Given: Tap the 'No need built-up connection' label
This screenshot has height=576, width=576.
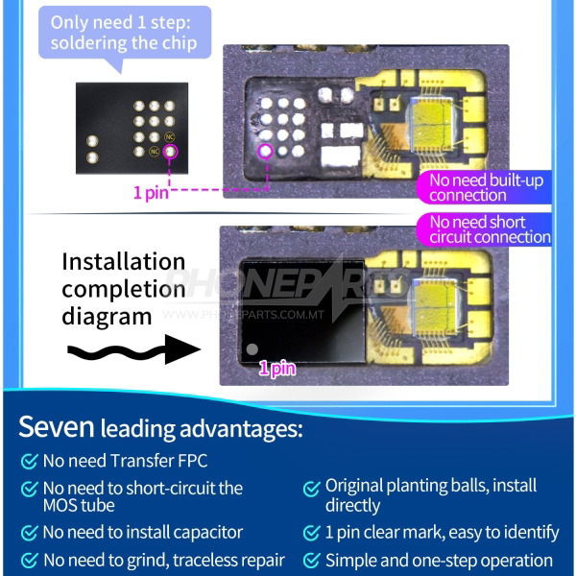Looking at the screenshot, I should (x=480, y=187).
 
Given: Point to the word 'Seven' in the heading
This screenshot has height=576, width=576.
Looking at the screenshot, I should (x=55, y=426).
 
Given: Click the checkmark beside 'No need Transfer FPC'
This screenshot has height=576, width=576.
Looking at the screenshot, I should (x=30, y=461).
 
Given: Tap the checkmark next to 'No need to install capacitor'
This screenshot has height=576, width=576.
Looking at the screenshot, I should (x=30, y=532).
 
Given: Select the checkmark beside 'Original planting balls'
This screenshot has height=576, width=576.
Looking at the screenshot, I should (x=312, y=488).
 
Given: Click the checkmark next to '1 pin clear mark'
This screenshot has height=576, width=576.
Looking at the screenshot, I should (x=312, y=533).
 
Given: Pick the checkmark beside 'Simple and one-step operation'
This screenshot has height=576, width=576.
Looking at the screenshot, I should (x=312, y=561).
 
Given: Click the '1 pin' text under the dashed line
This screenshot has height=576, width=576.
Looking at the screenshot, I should (x=151, y=193).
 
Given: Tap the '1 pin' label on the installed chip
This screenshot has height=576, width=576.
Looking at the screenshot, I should (x=276, y=368).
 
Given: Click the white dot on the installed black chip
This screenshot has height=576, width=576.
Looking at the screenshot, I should (x=252, y=350).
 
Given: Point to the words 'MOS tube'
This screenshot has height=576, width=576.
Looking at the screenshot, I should (x=79, y=505).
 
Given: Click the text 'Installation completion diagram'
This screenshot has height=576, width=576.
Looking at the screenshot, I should (x=123, y=288).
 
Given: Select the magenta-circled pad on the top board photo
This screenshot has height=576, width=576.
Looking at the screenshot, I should (x=266, y=150).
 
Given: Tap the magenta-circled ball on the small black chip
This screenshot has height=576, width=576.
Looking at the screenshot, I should (x=171, y=151).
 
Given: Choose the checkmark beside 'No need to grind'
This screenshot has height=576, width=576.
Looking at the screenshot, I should (x=30, y=560).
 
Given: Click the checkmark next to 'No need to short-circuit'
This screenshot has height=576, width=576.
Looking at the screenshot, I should (x=30, y=489).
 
